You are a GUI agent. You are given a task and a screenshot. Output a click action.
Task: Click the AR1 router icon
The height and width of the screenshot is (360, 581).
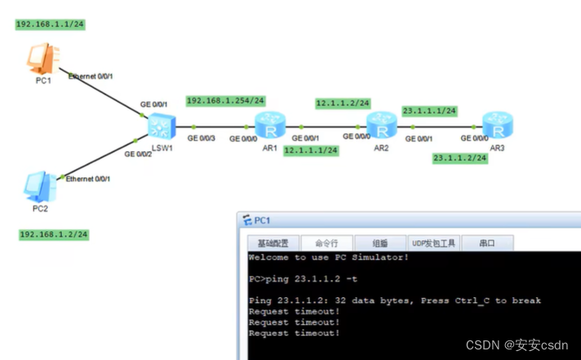(269, 126)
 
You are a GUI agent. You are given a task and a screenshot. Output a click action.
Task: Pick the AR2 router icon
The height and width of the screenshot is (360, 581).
(380, 126)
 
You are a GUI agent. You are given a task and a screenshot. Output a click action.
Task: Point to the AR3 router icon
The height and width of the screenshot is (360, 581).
(495, 126)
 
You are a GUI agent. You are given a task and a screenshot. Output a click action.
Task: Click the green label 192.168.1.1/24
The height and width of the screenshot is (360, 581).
(51, 24)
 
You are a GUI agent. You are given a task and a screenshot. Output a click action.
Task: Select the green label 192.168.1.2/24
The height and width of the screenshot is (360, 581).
(54, 234)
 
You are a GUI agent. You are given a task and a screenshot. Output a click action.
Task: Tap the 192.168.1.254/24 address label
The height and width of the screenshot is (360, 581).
(226, 101)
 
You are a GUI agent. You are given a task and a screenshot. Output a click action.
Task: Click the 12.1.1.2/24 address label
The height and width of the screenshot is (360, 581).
(344, 104)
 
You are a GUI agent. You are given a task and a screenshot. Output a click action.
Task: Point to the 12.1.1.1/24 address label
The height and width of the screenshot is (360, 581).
(311, 150)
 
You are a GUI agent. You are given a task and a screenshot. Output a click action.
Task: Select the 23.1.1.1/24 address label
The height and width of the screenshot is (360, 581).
(429, 111)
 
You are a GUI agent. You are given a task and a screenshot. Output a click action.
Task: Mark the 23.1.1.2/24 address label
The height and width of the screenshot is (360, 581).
(460, 158)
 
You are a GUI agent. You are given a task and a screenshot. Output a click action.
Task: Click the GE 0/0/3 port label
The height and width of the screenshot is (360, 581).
(202, 139)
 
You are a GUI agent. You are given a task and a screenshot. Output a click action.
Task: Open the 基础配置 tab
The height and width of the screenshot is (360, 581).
(273, 242)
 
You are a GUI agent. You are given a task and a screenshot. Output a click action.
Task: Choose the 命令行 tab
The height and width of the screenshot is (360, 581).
(326, 242)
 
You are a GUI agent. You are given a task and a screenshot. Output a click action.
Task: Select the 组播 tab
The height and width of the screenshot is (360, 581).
(380, 242)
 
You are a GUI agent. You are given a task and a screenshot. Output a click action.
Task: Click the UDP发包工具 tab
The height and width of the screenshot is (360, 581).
(434, 242)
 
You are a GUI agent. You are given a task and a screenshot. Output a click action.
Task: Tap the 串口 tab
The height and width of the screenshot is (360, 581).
(487, 242)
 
